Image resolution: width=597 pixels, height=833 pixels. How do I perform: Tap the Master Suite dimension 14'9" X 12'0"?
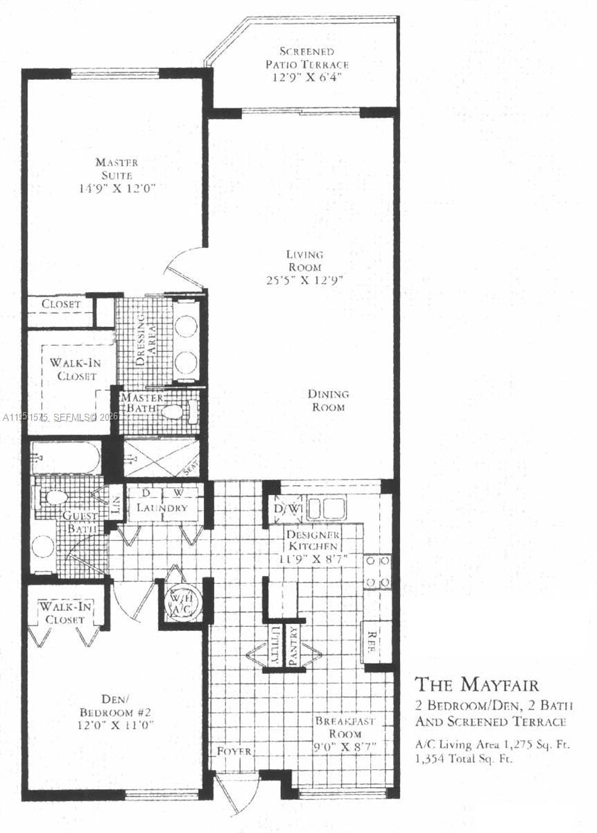click(116, 187)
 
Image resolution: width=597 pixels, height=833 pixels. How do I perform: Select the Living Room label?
click(305, 261)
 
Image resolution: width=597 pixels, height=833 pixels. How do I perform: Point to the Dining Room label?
click(329, 401)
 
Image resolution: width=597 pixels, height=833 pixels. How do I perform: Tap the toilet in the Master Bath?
click(173, 412)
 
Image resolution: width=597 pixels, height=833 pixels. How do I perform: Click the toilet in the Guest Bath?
click(54, 497)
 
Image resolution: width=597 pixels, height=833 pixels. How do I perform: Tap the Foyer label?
click(233, 751)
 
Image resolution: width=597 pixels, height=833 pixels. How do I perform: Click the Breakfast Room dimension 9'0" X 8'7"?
click(345, 747)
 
